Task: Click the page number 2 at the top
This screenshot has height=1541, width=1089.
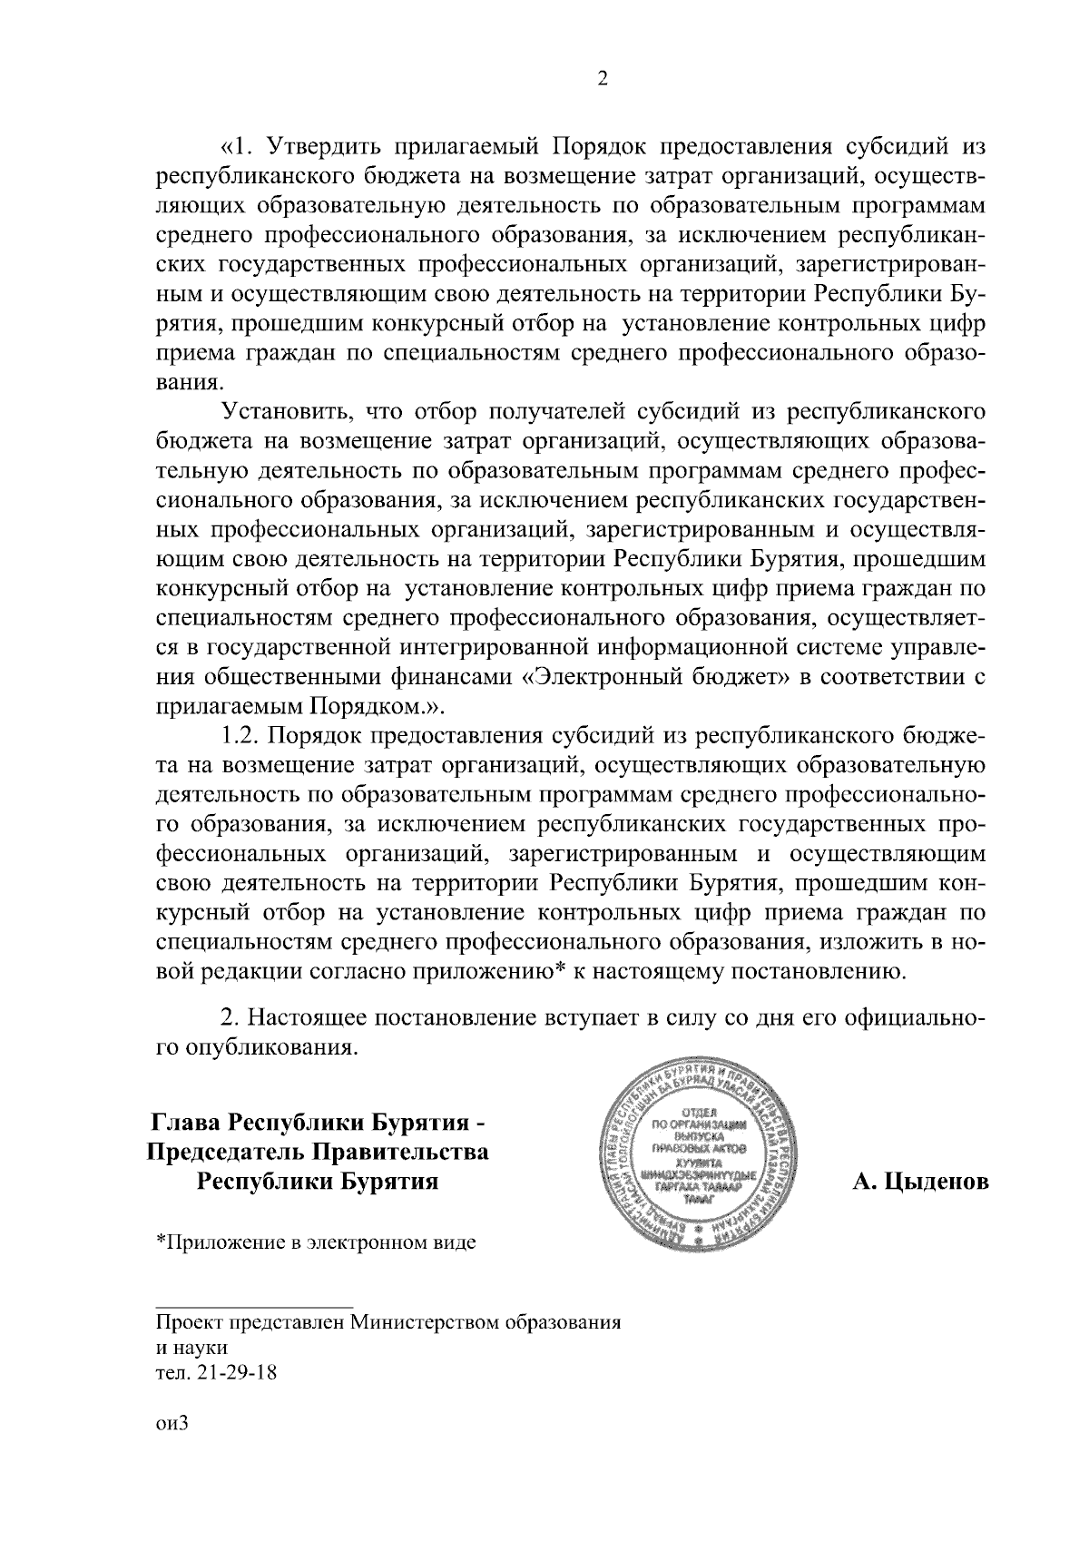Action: tap(602, 79)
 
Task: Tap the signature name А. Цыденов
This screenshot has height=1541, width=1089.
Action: tap(919, 1183)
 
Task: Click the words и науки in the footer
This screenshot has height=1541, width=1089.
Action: tap(191, 1347)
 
